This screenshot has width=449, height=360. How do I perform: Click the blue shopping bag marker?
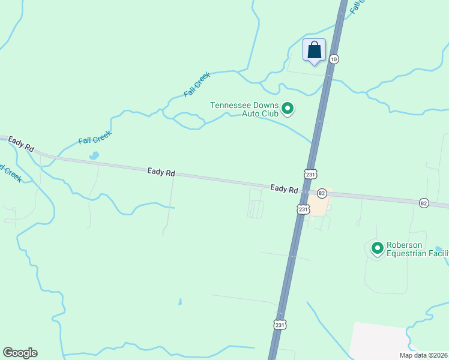point(314,50)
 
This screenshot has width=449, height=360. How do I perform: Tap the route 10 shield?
point(334,59)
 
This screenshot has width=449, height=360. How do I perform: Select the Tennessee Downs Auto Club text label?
point(244,109)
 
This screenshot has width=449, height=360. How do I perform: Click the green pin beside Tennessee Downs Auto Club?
point(288,109)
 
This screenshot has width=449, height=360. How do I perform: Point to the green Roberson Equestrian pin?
point(378,247)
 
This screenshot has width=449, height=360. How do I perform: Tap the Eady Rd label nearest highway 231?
point(284,188)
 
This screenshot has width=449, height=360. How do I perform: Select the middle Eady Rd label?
point(161,172)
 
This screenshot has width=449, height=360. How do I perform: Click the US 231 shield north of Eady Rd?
point(310,174)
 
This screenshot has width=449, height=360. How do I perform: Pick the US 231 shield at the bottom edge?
point(279,324)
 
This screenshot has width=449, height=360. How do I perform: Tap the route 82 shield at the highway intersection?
point(322,193)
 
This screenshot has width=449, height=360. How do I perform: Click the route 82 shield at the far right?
point(424,203)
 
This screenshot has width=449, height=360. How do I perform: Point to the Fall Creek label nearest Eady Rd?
point(95,137)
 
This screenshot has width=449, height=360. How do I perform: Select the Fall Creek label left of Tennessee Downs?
point(197,85)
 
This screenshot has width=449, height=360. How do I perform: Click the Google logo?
point(20,353)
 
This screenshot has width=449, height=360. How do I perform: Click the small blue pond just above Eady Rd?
point(94,156)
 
